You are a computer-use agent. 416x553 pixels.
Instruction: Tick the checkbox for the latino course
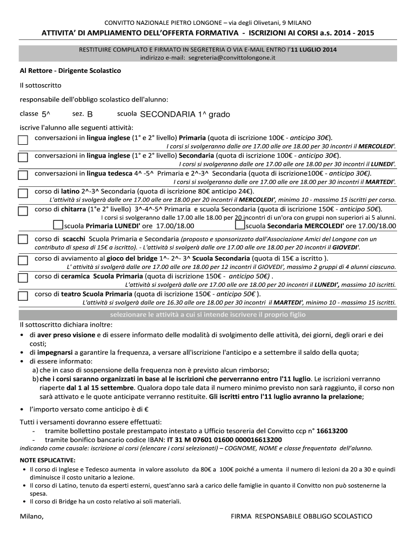23,193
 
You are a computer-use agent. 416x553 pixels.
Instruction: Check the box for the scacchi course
23,239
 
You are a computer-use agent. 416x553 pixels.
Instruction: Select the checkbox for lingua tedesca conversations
23,175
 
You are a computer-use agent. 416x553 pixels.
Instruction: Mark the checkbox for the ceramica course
23,278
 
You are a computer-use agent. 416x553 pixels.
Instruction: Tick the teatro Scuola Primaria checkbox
23,295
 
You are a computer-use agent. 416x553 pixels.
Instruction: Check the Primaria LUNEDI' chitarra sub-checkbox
58,225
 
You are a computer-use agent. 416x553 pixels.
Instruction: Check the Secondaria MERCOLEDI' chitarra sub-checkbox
240,225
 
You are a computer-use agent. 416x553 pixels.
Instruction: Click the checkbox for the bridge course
23,260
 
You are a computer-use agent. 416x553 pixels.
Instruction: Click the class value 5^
45,114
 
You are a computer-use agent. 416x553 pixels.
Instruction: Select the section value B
90,114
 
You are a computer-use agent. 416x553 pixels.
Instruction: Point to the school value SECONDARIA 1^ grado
185,114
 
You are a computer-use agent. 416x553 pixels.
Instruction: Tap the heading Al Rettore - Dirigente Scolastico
70,71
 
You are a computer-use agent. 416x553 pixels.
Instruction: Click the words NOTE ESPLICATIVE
48,460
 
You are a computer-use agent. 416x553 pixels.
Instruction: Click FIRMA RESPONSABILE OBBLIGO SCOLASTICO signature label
301,517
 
